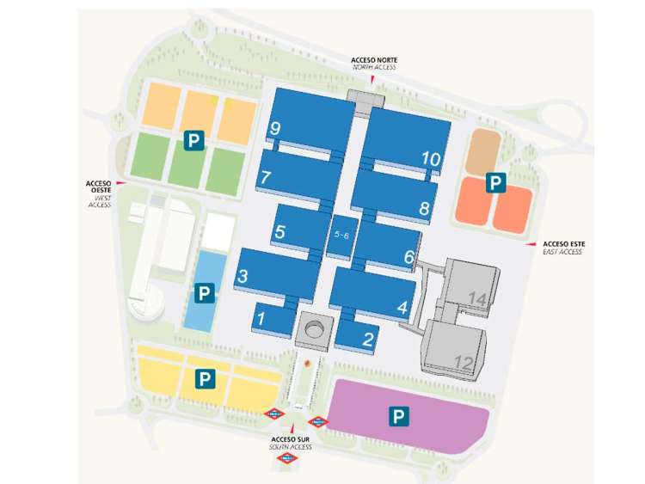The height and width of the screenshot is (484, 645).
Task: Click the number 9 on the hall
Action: [275, 129]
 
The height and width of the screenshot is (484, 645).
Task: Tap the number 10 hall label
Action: [431, 158]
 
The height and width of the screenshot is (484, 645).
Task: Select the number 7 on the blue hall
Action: [267, 177]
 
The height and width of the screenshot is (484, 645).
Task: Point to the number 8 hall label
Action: [424, 208]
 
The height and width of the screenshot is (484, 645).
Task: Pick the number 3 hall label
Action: [243, 276]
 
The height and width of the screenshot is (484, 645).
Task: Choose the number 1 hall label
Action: [262, 319]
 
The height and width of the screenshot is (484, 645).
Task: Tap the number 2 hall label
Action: [368, 339]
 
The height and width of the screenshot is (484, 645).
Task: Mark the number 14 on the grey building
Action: [477, 299]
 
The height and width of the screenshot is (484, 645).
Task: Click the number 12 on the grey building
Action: [464, 362]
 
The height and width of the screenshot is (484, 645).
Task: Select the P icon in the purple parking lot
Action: [399, 416]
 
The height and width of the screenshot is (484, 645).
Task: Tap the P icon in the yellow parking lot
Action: [205, 377]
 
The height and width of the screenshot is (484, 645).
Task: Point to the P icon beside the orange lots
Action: [494, 182]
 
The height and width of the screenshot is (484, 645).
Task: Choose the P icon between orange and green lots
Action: [193, 139]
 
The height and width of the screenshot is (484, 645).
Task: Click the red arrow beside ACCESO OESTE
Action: [121, 184]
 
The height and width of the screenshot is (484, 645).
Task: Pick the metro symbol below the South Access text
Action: [289, 459]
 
